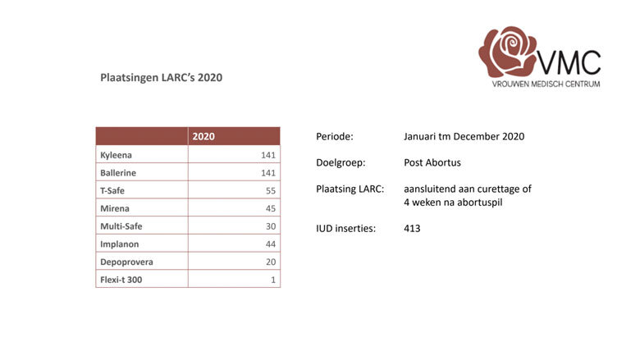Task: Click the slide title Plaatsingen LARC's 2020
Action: click(x=161, y=78)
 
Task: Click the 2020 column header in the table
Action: click(x=203, y=136)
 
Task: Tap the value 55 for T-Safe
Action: click(x=269, y=190)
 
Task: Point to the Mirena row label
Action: click(x=115, y=208)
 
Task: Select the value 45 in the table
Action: click(x=269, y=208)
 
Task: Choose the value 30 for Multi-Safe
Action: click(x=269, y=226)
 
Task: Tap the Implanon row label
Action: click(x=120, y=244)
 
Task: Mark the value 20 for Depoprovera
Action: click(x=269, y=262)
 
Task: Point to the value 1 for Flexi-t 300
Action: click(x=272, y=280)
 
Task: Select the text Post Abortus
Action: click(x=432, y=162)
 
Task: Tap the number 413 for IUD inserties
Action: click(x=412, y=229)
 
